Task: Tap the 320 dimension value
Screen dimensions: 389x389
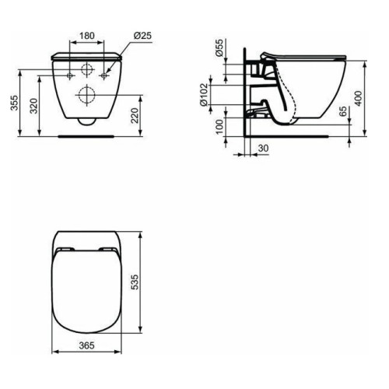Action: [x=33, y=106]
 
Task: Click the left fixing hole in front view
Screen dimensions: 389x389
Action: [x=71, y=74]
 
